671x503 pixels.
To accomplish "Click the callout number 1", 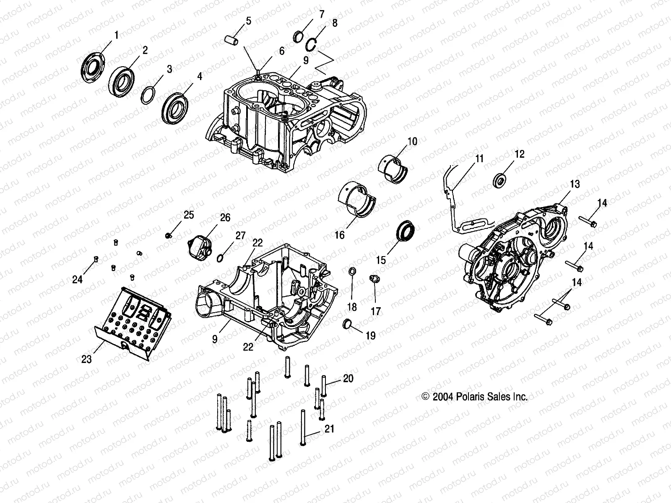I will tap(116, 35).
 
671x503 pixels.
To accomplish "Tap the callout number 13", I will tap(574, 184).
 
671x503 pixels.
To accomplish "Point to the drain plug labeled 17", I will tap(374, 278).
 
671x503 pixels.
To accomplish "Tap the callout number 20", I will tap(348, 379).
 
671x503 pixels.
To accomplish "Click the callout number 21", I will tap(330, 430).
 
